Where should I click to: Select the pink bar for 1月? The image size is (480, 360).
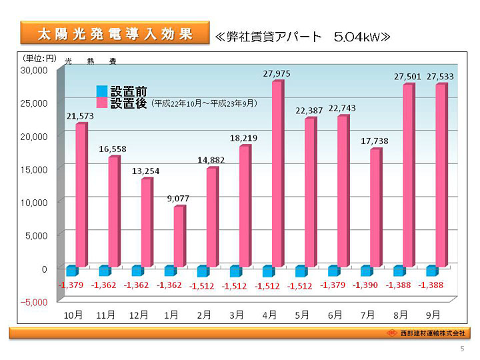179,236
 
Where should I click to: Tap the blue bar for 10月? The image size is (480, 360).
72,271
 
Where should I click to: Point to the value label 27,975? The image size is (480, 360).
276,73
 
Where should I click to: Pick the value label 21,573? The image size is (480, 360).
79,115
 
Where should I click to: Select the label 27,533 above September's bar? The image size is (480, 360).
440,77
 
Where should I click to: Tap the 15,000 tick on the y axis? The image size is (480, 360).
34,169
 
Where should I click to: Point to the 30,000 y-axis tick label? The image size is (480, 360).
34,69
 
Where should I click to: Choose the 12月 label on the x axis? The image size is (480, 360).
139,314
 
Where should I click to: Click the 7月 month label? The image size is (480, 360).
368,314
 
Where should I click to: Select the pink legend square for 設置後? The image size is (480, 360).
102,103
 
